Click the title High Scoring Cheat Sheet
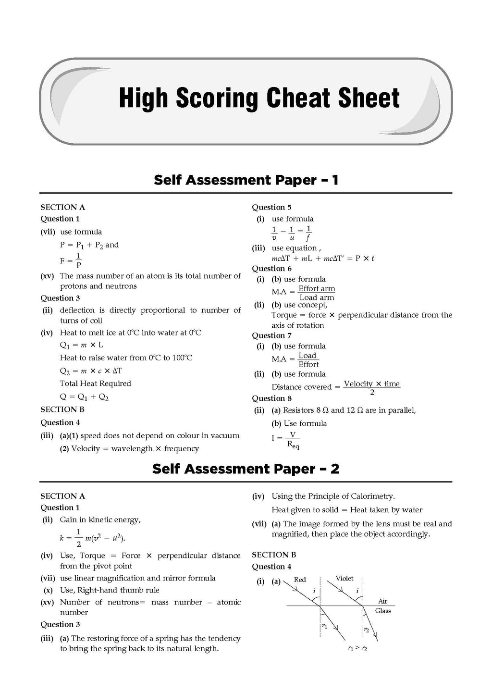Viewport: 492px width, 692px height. (259, 98)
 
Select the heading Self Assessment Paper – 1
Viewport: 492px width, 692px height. (246, 180)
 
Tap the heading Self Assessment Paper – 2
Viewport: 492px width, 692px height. (246, 469)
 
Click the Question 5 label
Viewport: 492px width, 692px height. (271, 207)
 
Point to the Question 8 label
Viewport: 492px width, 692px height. (271, 398)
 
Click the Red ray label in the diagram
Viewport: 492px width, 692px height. (300, 580)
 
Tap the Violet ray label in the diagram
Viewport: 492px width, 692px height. (344, 579)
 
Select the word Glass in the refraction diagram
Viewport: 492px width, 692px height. (383, 611)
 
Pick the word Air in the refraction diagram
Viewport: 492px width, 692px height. (383, 601)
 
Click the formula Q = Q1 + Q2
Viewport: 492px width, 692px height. (84, 397)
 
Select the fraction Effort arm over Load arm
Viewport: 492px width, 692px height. (317, 293)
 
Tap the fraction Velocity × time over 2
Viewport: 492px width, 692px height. (372, 387)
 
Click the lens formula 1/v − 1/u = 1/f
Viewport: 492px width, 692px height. (292, 233)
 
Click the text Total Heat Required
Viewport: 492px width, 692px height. (95, 383)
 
